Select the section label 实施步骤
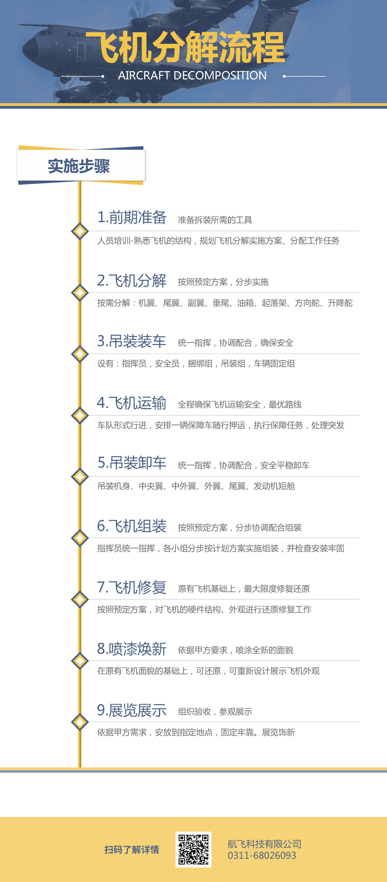click(79, 166)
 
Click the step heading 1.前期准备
click(132, 217)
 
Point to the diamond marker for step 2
click(80, 292)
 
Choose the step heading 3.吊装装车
click(132, 341)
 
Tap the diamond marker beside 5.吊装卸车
click(80, 476)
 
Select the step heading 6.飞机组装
click(132, 526)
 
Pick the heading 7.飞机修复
click(132, 587)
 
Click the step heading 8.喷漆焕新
click(132, 649)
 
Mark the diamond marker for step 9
click(80, 722)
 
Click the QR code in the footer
click(193, 849)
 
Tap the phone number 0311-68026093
click(262, 855)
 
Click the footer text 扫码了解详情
click(132, 849)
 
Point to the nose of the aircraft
click(27, 50)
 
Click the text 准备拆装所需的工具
click(215, 220)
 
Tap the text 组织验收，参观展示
click(215, 712)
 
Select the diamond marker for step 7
click(80, 599)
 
